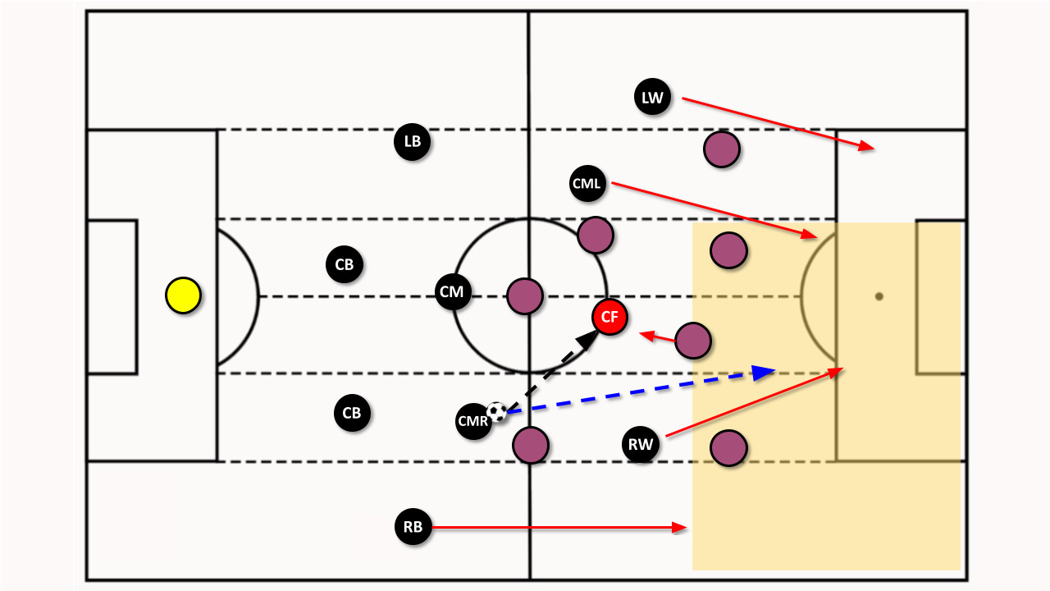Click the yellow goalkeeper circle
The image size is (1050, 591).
[x=183, y=295]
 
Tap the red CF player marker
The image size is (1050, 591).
[x=609, y=318]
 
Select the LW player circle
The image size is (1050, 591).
[x=652, y=98]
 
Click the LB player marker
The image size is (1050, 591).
[x=412, y=141]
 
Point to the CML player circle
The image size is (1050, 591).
[x=587, y=184]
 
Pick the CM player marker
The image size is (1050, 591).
[x=453, y=292]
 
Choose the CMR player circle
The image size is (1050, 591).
[x=473, y=422]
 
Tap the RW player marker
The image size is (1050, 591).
[x=641, y=446]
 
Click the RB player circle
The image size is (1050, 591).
[x=412, y=527]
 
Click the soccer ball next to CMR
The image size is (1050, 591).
[x=496, y=411]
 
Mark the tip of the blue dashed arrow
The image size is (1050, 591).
[x=774, y=371]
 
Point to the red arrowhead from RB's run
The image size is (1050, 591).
[x=684, y=527]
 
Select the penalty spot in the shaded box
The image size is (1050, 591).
[x=879, y=295]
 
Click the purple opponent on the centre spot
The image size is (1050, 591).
[x=524, y=296]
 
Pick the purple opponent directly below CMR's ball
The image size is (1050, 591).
[x=530, y=446]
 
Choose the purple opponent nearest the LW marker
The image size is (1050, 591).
[x=722, y=149]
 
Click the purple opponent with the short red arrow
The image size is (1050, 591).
[x=692, y=340]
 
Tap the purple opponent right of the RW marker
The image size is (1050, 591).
[x=728, y=448]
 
